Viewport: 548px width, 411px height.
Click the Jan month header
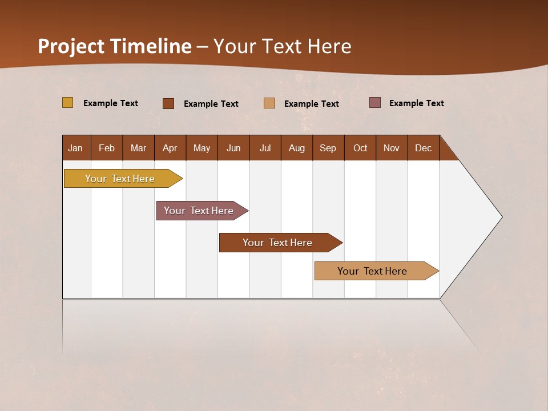[x=76, y=148]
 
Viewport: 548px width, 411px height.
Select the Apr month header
[x=170, y=148]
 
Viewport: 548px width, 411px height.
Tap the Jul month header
[x=265, y=148]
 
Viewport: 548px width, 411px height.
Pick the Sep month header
[x=328, y=148]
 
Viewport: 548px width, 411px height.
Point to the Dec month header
[x=423, y=148]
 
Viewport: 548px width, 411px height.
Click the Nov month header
[x=392, y=148]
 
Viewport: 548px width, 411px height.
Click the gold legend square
[x=68, y=103]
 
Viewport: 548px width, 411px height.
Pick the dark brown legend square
[x=168, y=103]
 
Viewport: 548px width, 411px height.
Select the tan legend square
[x=269, y=103]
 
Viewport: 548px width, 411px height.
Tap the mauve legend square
[x=375, y=103]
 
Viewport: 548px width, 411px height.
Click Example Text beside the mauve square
[x=416, y=103]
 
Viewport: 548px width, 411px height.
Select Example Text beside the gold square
[x=111, y=103]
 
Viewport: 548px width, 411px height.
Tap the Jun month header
[x=233, y=148]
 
